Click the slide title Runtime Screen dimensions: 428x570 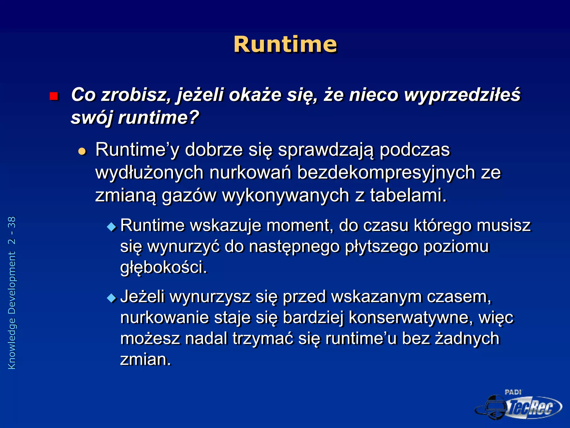(x=285, y=45)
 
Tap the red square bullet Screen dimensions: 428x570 (x=53, y=96)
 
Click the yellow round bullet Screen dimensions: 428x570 (x=82, y=151)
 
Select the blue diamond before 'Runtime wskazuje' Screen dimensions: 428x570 (x=112, y=227)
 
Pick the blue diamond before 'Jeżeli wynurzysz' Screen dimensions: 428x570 (x=112, y=298)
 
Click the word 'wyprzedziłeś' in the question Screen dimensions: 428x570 (x=462, y=95)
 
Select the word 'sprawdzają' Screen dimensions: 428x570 (x=326, y=150)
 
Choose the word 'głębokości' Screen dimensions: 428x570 (x=163, y=267)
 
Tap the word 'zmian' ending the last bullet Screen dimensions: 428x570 (x=145, y=359)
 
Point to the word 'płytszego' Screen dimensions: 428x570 (x=381, y=247)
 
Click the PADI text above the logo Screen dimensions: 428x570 (x=513, y=392)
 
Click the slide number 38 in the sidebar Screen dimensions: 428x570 (x=12, y=222)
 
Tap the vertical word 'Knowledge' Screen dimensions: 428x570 (x=12, y=344)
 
